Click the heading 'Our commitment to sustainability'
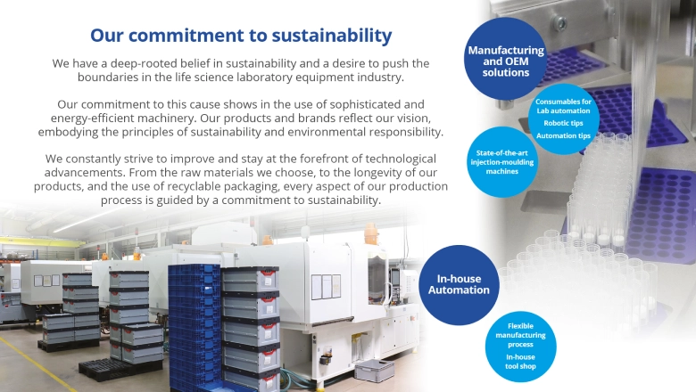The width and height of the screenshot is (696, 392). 240,36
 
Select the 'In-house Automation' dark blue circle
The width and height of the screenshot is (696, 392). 458,284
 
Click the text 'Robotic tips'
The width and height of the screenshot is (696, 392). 563,123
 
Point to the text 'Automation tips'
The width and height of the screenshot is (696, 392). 563,135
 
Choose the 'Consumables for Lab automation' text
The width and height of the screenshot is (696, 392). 563,106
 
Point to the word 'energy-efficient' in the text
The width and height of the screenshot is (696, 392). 100,118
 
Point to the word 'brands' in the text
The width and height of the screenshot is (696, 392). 276,118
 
